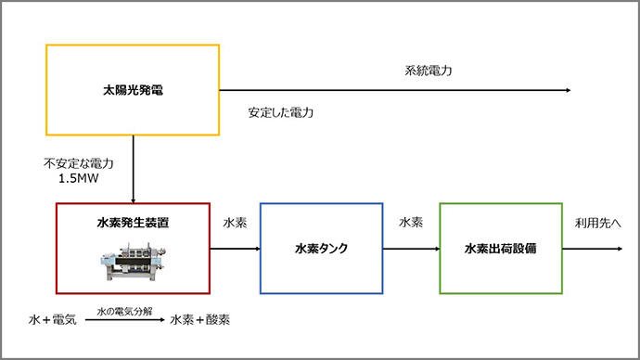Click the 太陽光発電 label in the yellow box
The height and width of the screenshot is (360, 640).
(x=133, y=90)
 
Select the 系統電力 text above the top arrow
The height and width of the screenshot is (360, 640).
(x=429, y=71)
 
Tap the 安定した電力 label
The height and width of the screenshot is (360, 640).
(x=281, y=112)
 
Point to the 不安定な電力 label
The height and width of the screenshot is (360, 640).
(x=79, y=163)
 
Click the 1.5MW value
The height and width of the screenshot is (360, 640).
(x=79, y=178)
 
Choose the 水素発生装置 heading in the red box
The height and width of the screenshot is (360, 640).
(x=133, y=223)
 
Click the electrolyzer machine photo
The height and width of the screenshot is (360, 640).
(x=134, y=262)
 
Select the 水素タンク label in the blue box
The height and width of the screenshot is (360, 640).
(x=321, y=249)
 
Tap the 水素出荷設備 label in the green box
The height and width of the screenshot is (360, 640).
(x=501, y=249)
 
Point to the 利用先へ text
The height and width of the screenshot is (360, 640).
(x=598, y=223)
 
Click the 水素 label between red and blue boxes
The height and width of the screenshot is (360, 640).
(x=235, y=223)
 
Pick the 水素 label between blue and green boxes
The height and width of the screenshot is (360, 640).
(x=411, y=223)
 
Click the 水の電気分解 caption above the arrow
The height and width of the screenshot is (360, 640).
(x=124, y=312)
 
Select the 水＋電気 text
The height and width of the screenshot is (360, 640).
(x=53, y=319)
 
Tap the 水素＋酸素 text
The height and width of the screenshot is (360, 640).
(x=200, y=319)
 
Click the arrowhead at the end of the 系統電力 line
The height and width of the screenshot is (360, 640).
(x=569, y=90)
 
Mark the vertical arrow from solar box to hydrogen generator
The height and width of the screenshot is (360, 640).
(x=133, y=170)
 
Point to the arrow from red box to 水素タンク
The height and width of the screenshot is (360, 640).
(x=235, y=249)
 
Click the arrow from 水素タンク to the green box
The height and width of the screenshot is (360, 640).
(x=412, y=249)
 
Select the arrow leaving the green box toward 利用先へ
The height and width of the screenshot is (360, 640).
(x=593, y=249)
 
